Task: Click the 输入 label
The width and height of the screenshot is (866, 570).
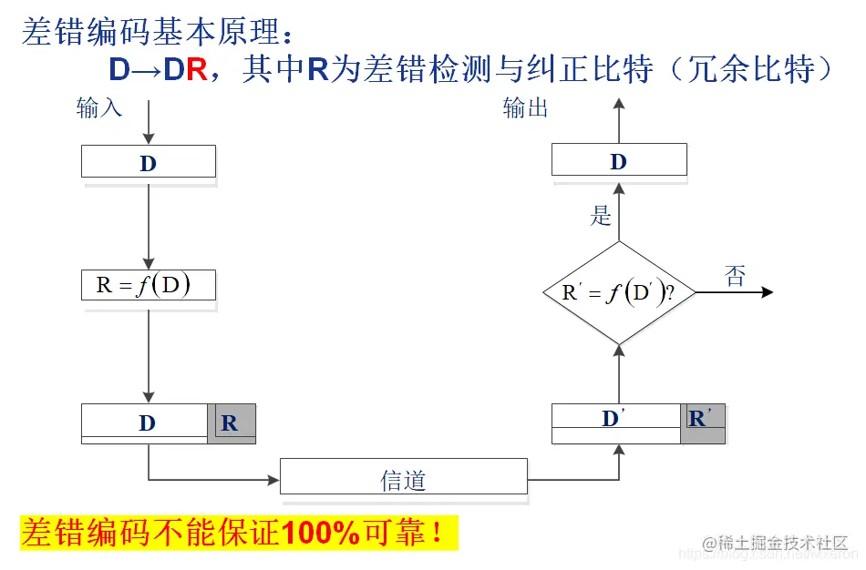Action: [x=98, y=108]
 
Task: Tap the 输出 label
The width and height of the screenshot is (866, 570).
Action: [x=526, y=108]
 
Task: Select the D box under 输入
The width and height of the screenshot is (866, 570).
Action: [x=149, y=162]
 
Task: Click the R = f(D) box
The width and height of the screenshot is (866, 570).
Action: [x=149, y=285]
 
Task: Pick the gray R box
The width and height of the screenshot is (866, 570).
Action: [x=231, y=423]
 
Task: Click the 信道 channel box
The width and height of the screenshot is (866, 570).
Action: [x=403, y=477]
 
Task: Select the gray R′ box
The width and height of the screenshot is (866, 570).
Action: [x=702, y=420]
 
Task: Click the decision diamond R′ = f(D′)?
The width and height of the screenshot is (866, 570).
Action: [x=619, y=292]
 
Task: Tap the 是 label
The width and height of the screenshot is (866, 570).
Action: [x=601, y=216]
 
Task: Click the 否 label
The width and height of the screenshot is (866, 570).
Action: [x=734, y=276]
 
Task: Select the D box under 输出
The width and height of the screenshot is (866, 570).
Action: [x=619, y=161]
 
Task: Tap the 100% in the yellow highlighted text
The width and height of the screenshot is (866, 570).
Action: [x=321, y=534]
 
